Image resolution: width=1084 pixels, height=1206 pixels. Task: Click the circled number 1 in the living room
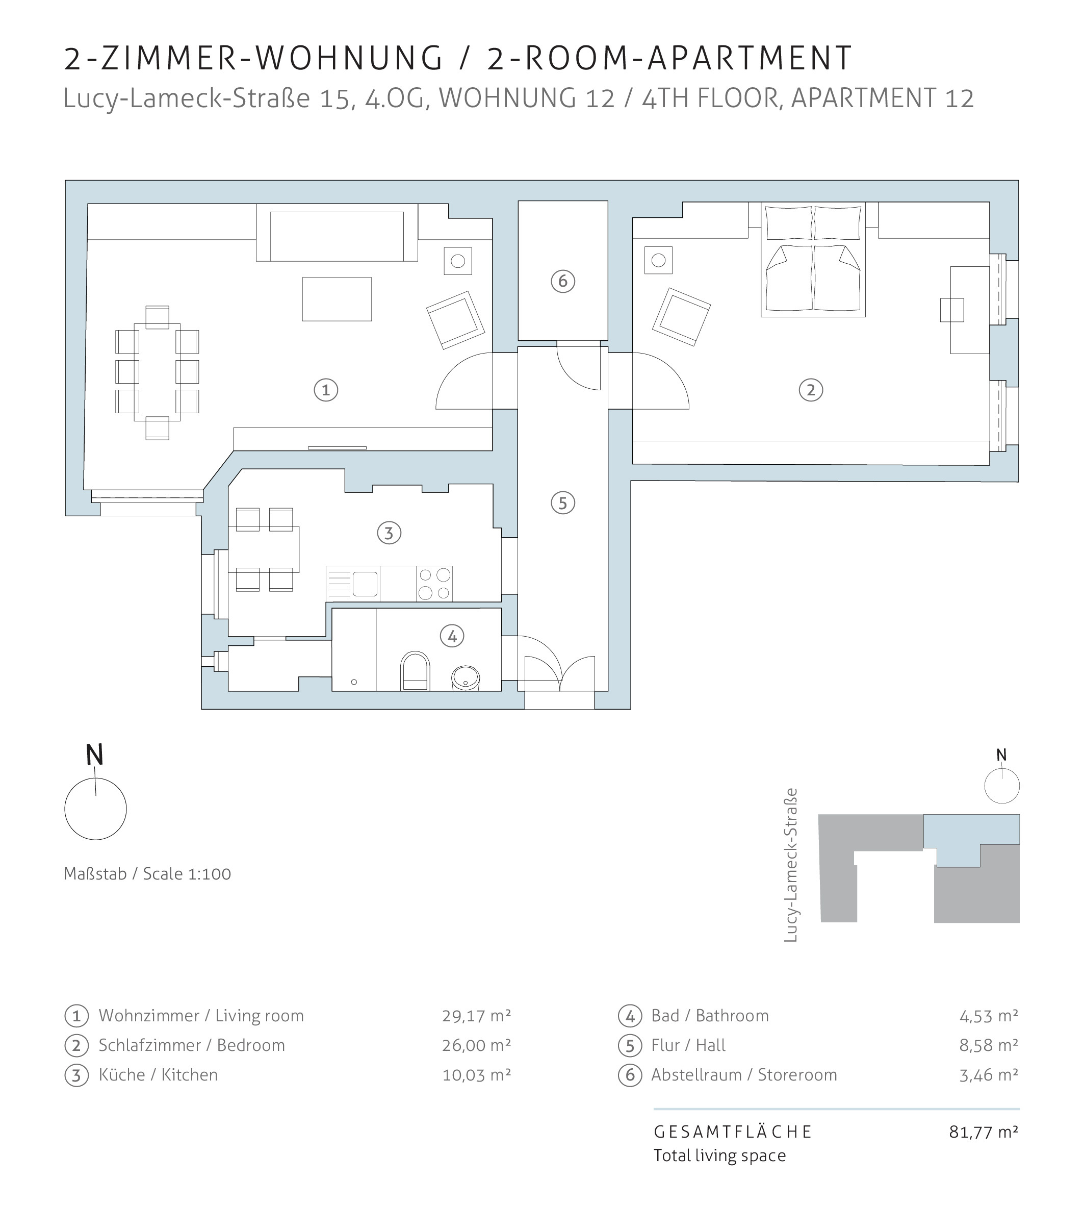326,390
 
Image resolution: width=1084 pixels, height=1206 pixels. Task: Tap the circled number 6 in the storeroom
563,281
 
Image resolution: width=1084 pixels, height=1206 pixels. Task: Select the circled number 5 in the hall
563,503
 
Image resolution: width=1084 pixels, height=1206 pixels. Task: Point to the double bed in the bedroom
813,260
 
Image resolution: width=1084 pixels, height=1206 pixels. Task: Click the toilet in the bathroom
415,671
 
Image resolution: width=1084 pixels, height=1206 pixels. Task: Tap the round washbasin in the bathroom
465,678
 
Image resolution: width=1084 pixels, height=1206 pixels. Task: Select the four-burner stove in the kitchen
434,583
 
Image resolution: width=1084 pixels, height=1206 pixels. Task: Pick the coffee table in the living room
337,299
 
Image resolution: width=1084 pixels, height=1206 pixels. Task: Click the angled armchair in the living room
456,320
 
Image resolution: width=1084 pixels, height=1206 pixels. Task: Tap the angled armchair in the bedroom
681,317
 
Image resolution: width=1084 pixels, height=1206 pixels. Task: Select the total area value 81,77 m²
984,1132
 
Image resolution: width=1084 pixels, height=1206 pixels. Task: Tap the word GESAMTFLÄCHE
733,1132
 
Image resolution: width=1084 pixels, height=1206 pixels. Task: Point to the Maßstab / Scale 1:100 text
147,874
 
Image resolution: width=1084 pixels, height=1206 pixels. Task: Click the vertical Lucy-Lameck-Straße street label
790,865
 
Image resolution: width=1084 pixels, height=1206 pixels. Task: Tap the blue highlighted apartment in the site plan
971,831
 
